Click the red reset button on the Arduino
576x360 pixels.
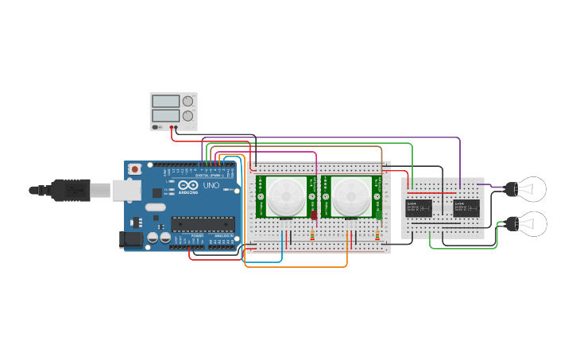tap(136, 169)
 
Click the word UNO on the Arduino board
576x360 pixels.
tap(211, 185)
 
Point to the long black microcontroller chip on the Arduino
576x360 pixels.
tap(203, 226)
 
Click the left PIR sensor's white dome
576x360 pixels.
tap(286, 196)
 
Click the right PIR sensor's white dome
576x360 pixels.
tap(350, 196)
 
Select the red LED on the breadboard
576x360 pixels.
tap(314, 215)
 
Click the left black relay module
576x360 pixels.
tap(419, 208)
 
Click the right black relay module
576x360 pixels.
tap(466, 208)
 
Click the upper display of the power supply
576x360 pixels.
tap(165, 102)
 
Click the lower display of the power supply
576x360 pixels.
tap(165, 116)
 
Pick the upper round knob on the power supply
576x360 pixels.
tap(188, 101)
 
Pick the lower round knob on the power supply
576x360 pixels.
tap(188, 116)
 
